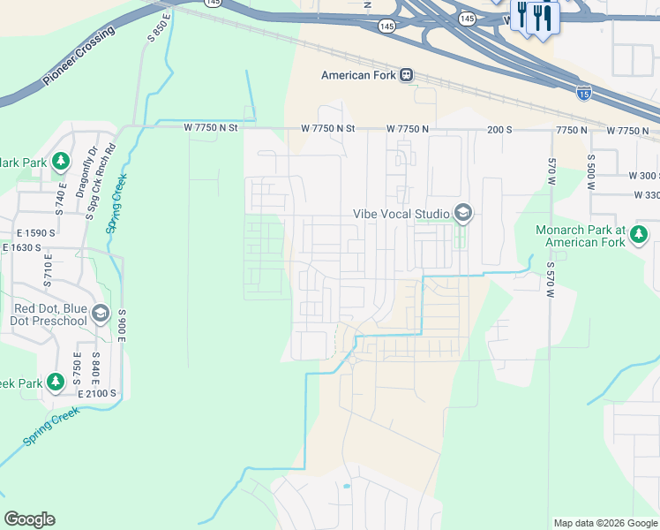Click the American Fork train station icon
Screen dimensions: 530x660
tap(406, 75)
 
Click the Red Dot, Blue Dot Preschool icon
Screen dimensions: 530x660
tap(101, 314)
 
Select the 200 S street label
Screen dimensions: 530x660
tap(499, 130)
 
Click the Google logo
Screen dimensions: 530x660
tap(29, 519)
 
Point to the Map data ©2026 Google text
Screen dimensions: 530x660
tap(604, 523)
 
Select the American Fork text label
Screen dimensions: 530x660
tap(357, 75)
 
